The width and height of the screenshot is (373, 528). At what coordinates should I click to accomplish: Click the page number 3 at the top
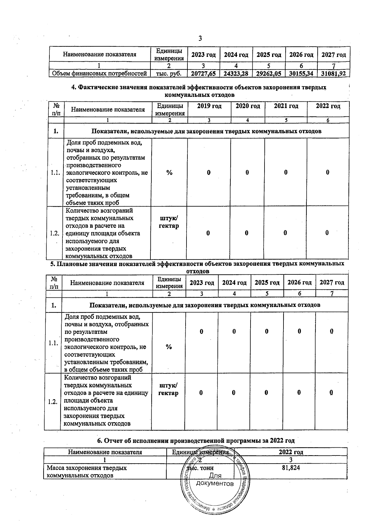pyautogui.click(x=200, y=39)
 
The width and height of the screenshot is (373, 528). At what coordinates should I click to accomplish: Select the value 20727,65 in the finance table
pyautogui.click(x=203, y=74)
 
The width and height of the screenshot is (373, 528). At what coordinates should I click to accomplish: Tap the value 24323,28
pyautogui.click(x=236, y=74)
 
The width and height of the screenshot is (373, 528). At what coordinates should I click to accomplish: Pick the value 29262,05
pyautogui.click(x=269, y=74)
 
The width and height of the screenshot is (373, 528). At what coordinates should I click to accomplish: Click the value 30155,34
pyautogui.click(x=301, y=74)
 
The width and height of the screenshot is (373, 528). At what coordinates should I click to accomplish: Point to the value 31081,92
pyautogui.click(x=334, y=74)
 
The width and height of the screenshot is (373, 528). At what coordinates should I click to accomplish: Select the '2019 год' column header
pyautogui.click(x=209, y=106)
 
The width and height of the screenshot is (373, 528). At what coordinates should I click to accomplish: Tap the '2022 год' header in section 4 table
pyautogui.click(x=328, y=106)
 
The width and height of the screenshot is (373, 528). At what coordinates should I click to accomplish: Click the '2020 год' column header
pyautogui.click(x=247, y=106)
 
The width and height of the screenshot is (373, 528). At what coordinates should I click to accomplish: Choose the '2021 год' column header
pyautogui.click(x=286, y=106)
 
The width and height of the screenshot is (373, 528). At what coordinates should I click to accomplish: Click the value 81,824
pyautogui.click(x=291, y=468)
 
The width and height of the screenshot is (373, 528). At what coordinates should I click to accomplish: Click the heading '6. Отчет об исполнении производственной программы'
pyautogui.click(x=196, y=441)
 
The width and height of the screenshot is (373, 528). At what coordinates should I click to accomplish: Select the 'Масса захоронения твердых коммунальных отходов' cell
pyautogui.click(x=87, y=472)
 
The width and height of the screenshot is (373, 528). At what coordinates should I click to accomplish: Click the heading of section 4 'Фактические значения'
pyautogui.click(x=199, y=91)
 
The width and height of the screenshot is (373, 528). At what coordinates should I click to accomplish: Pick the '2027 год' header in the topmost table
pyautogui.click(x=334, y=55)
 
